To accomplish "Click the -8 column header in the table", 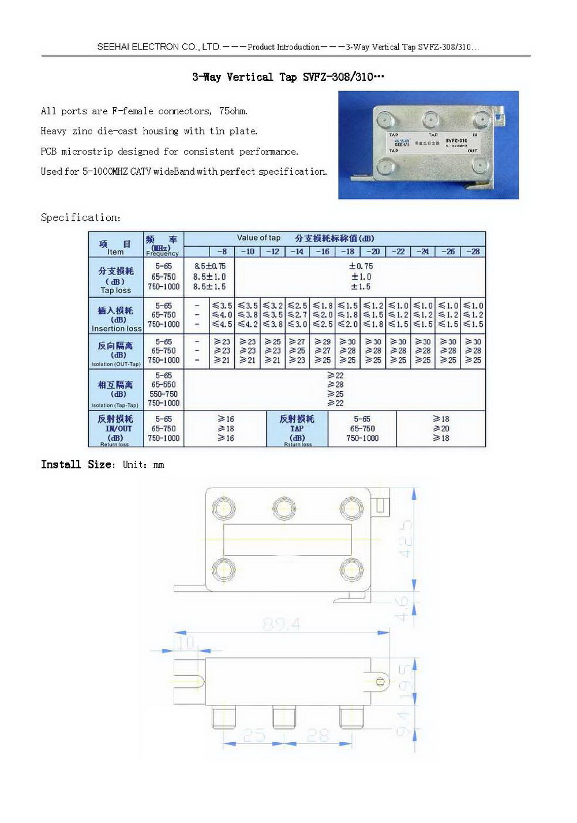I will tap(222, 251).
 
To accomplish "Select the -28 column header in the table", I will tap(473, 251).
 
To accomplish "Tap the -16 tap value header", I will tap(323, 251).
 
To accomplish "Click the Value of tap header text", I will tap(258, 238).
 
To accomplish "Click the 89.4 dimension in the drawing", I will tap(281, 623).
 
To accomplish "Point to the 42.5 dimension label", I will tap(406, 539).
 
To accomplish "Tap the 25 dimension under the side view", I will tap(254, 735).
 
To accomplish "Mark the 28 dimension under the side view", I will tap(317, 735).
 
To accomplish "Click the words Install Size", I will tap(77, 465).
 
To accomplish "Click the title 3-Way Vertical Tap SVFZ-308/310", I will tap(287, 77).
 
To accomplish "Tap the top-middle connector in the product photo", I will tap(430, 121).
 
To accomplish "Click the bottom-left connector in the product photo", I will tap(385, 167).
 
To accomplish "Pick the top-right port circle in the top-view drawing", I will tap(350, 508).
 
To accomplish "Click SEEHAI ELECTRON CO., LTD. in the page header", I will tap(159, 47).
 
